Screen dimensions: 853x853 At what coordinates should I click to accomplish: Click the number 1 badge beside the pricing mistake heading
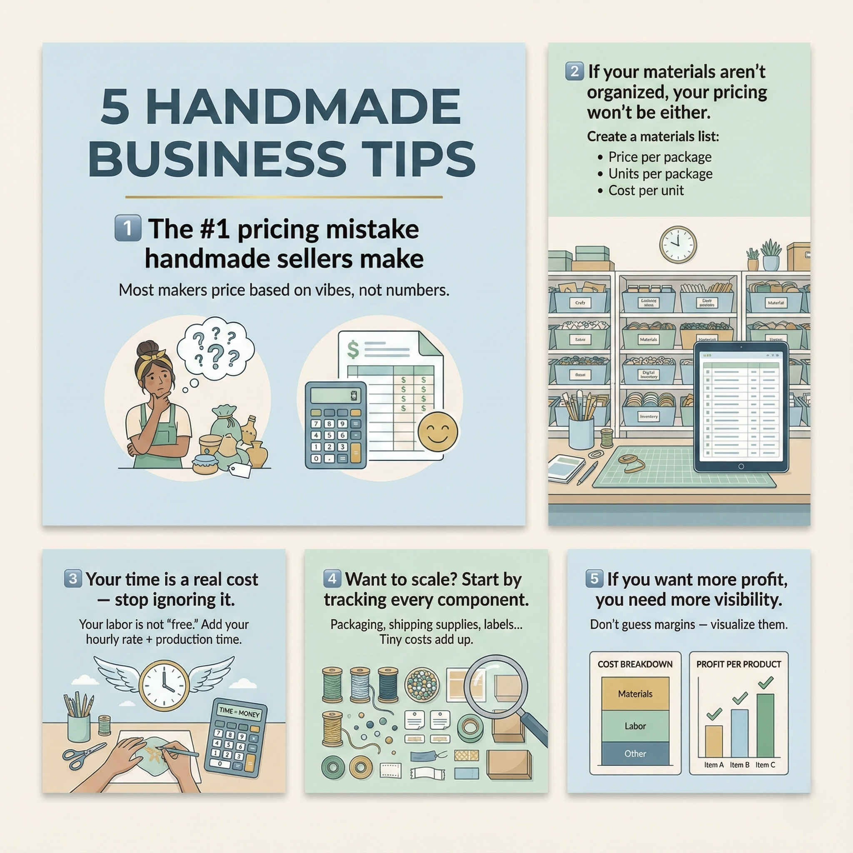point(127,228)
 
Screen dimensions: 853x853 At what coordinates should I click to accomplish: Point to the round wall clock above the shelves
point(678,245)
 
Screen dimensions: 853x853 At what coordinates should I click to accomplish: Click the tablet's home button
point(741,466)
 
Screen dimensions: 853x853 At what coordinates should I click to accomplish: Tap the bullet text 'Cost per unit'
point(646,191)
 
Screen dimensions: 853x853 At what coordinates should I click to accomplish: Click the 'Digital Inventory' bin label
point(648,375)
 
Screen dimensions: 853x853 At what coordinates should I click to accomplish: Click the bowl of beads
point(422,684)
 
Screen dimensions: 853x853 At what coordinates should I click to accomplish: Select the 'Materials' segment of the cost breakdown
point(635,694)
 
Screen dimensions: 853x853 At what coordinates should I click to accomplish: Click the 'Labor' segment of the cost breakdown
point(635,726)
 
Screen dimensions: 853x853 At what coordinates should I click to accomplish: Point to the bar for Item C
point(765,725)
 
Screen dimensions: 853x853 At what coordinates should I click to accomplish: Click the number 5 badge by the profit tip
point(594,579)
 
